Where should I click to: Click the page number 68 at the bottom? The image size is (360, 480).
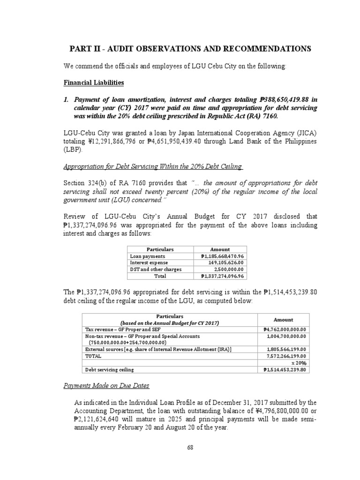tap(190, 447)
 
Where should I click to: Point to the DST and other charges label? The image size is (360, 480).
tap(154, 270)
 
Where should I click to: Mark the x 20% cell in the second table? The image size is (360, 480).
tap(298, 363)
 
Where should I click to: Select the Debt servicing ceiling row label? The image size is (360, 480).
tap(109, 369)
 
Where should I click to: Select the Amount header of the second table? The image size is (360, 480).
tap(283, 319)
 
